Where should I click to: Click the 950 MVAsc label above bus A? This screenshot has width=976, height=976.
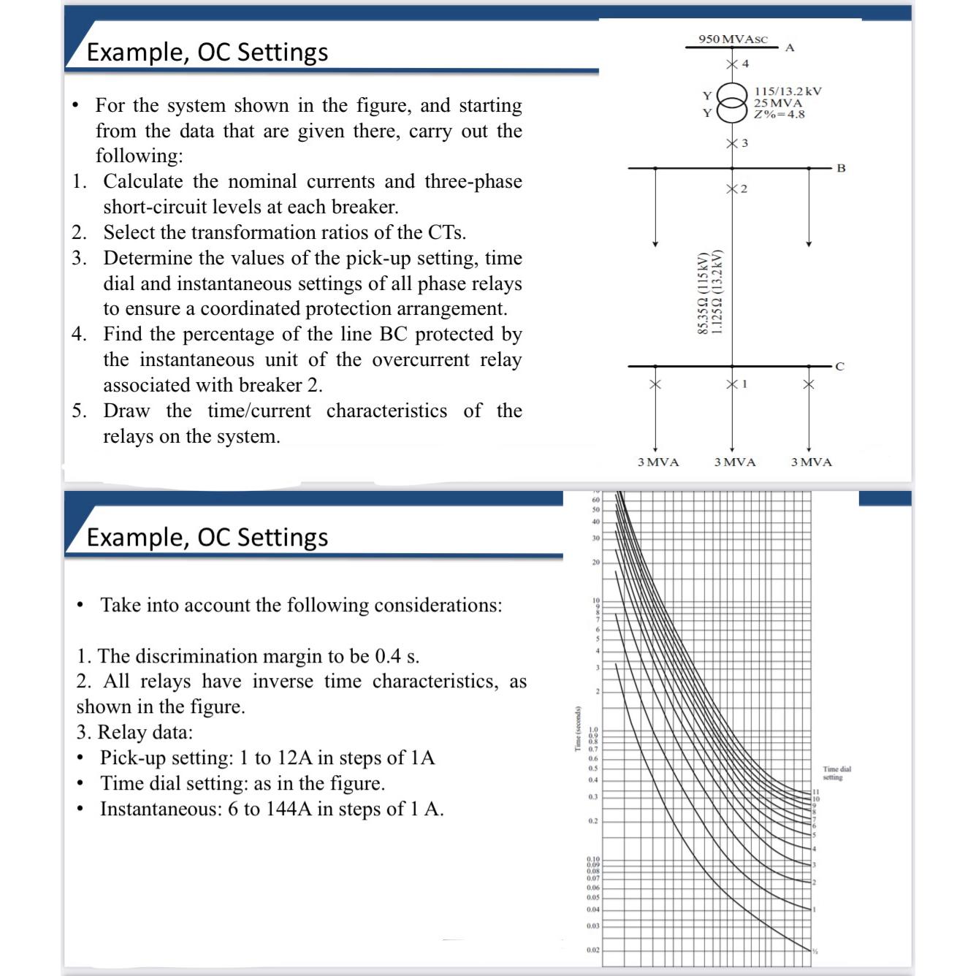pos(732,39)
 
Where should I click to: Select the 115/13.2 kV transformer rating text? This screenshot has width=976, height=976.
pos(788,91)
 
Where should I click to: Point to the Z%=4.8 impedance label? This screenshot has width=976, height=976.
pos(779,114)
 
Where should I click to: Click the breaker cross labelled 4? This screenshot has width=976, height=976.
pos(731,64)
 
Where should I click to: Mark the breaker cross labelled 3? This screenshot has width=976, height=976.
pos(731,143)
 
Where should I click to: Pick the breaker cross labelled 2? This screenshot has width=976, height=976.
pos(731,189)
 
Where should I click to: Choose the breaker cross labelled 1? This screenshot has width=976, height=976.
pos(731,384)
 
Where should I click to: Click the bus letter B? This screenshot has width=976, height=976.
pos(841,168)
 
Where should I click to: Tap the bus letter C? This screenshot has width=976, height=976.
pos(840,367)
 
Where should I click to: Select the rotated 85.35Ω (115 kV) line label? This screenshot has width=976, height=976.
pos(704,294)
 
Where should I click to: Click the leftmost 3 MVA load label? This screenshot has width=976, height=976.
pos(657,462)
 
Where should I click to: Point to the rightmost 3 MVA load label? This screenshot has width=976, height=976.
pos(811,462)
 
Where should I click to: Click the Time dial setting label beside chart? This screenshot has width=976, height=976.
pos(836,773)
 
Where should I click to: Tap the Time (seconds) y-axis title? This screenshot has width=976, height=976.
pos(577,728)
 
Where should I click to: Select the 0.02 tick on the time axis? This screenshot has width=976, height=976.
pos(592,950)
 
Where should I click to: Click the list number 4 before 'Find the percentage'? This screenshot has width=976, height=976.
pos(79,335)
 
